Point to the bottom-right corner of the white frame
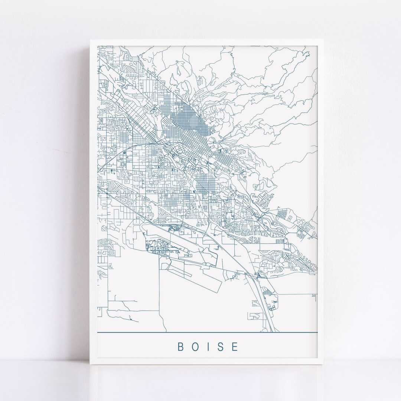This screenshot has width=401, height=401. pos(324,364)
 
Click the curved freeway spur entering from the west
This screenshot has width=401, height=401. pos(111,156)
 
